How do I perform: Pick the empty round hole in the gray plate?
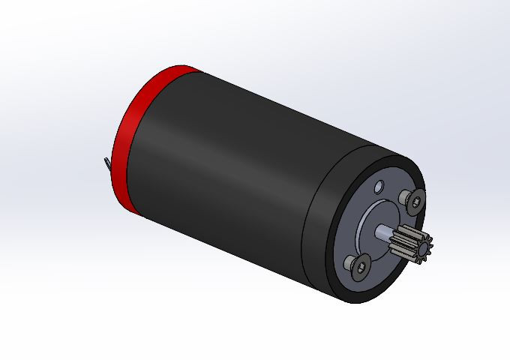379,184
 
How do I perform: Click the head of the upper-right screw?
416,200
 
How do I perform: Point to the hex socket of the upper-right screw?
418,200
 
